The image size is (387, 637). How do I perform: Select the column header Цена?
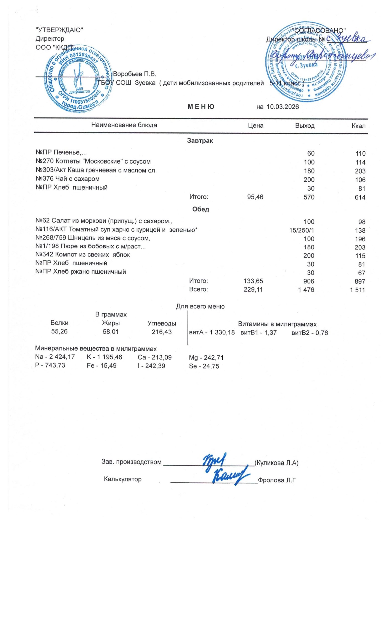pos(256,126)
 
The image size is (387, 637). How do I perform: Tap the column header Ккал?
pos(358,126)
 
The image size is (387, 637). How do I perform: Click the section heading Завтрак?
pos(200,141)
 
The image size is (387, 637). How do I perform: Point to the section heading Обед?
pos(200,210)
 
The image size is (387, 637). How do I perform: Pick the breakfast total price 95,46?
pos(255,197)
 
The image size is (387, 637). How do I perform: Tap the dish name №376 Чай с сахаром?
pos(67,179)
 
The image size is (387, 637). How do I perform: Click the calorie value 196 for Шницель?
pos(360,239)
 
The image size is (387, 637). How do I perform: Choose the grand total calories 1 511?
pos(357,290)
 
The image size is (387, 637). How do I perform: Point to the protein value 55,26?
pos(60,331)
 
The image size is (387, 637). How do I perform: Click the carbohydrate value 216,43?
pos(162,332)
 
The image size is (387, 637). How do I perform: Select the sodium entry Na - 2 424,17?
pos(55,357)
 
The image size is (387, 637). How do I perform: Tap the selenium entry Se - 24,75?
pos(204,366)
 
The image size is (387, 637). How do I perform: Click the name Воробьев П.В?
pos(135,74)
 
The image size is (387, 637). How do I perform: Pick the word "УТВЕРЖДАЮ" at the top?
pos(59,30)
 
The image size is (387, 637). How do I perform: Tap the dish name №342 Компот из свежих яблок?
pos(82,255)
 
